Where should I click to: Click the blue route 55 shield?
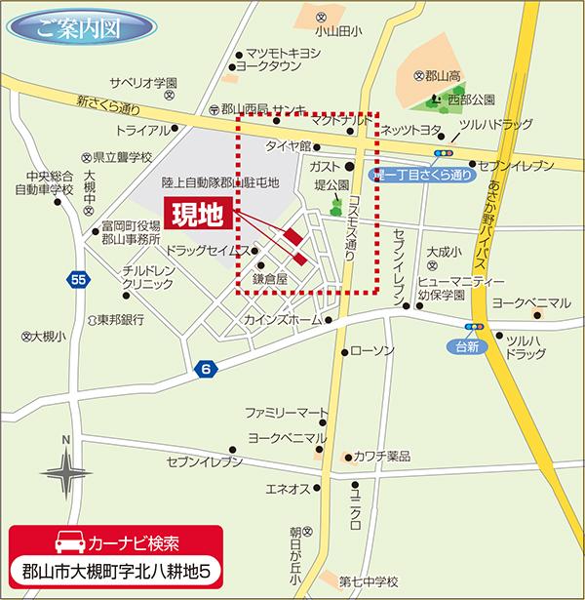point(80,281)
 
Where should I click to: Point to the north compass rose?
point(65,475)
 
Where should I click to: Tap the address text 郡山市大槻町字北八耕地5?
point(117,570)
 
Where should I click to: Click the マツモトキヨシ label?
point(283,53)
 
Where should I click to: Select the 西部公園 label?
point(471,99)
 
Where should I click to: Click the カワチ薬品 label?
point(381,456)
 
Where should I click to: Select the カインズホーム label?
point(284,320)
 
